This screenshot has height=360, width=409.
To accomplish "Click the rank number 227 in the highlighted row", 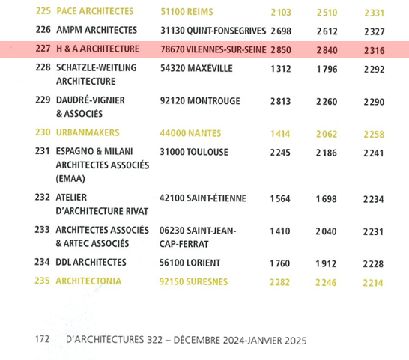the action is pyautogui.click(x=43, y=49).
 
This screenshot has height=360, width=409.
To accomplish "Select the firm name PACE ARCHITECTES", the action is pyautogui.click(x=95, y=11).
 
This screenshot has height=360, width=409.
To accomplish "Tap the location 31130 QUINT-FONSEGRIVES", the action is pyautogui.click(x=213, y=31).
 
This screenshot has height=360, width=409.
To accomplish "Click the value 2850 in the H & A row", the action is pyautogui.click(x=281, y=50).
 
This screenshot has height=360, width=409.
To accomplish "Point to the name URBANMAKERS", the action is pyautogui.click(x=88, y=132).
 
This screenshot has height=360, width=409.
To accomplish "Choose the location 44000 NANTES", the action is pyautogui.click(x=190, y=133).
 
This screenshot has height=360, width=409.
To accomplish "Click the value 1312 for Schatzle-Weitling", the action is pyautogui.click(x=281, y=69).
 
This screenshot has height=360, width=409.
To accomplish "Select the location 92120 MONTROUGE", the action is pyautogui.click(x=200, y=101).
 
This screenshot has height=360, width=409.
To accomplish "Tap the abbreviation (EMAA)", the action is pyautogui.click(x=70, y=179).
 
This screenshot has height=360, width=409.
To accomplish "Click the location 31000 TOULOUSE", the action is pyautogui.click(x=194, y=152).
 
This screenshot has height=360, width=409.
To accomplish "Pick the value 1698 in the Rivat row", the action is pyautogui.click(x=327, y=199).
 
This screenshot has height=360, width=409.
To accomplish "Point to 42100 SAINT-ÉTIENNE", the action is pyautogui.click(x=203, y=198).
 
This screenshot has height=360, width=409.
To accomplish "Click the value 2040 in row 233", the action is pyautogui.click(x=326, y=231).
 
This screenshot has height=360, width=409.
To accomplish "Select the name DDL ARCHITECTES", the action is pyautogui.click(x=91, y=262).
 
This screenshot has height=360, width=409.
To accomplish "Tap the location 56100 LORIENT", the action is pyautogui.click(x=190, y=263).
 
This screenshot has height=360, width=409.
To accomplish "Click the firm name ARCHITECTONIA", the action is pyautogui.click(x=88, y=281).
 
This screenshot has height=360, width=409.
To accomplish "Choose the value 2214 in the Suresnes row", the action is pyautogui.click(x=373, y=283).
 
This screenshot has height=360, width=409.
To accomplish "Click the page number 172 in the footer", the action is pyautogui.click(x=42, y=339).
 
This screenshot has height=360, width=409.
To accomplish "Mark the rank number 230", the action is pyautogui.click(x=43, y=132).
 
